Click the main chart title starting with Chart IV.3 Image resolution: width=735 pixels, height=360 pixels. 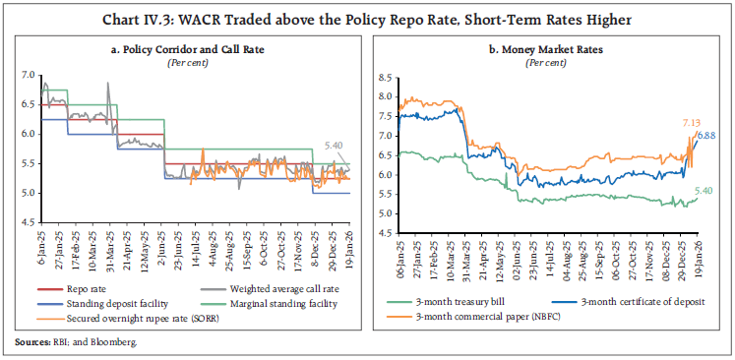click(x=367, y=17)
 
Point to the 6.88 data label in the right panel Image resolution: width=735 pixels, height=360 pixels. click(x=707, y=135)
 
